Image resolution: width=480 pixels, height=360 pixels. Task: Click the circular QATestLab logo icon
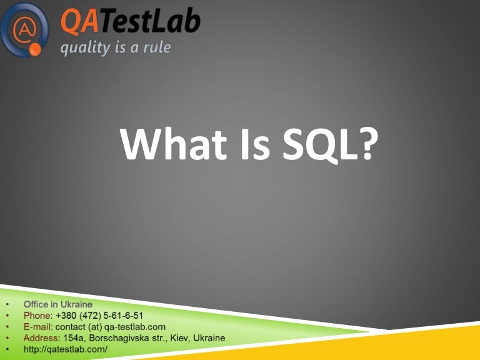[25, 29]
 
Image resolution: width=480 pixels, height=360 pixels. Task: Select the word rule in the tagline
[156, 47]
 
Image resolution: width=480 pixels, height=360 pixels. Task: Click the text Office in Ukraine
[57, 304]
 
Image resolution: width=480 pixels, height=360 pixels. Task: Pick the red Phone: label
[38, 316]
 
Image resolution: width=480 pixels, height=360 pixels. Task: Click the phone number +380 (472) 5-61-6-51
[99, 316]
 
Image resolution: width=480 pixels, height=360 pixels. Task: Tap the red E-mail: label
[39, 327]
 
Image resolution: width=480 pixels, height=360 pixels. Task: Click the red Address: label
[42, 338]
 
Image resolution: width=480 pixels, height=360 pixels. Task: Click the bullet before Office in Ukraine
[7, 305]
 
